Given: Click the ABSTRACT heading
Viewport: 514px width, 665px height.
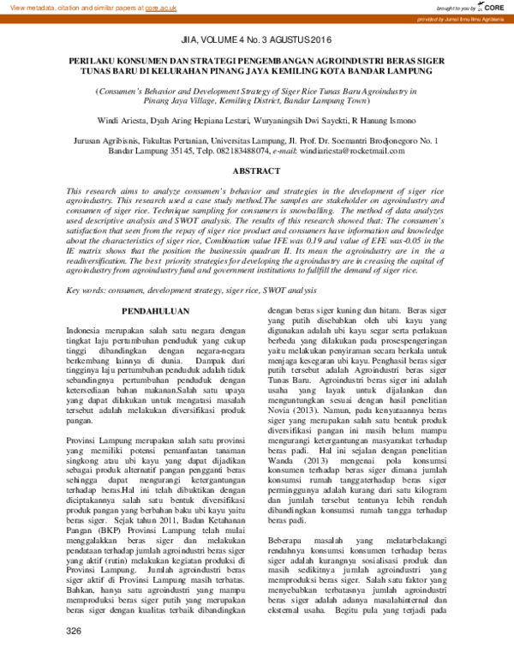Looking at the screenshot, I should pyautogui.click(x=256, y=171).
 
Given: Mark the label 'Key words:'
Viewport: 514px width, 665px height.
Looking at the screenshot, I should pyautogui.click(x=87, y=291).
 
